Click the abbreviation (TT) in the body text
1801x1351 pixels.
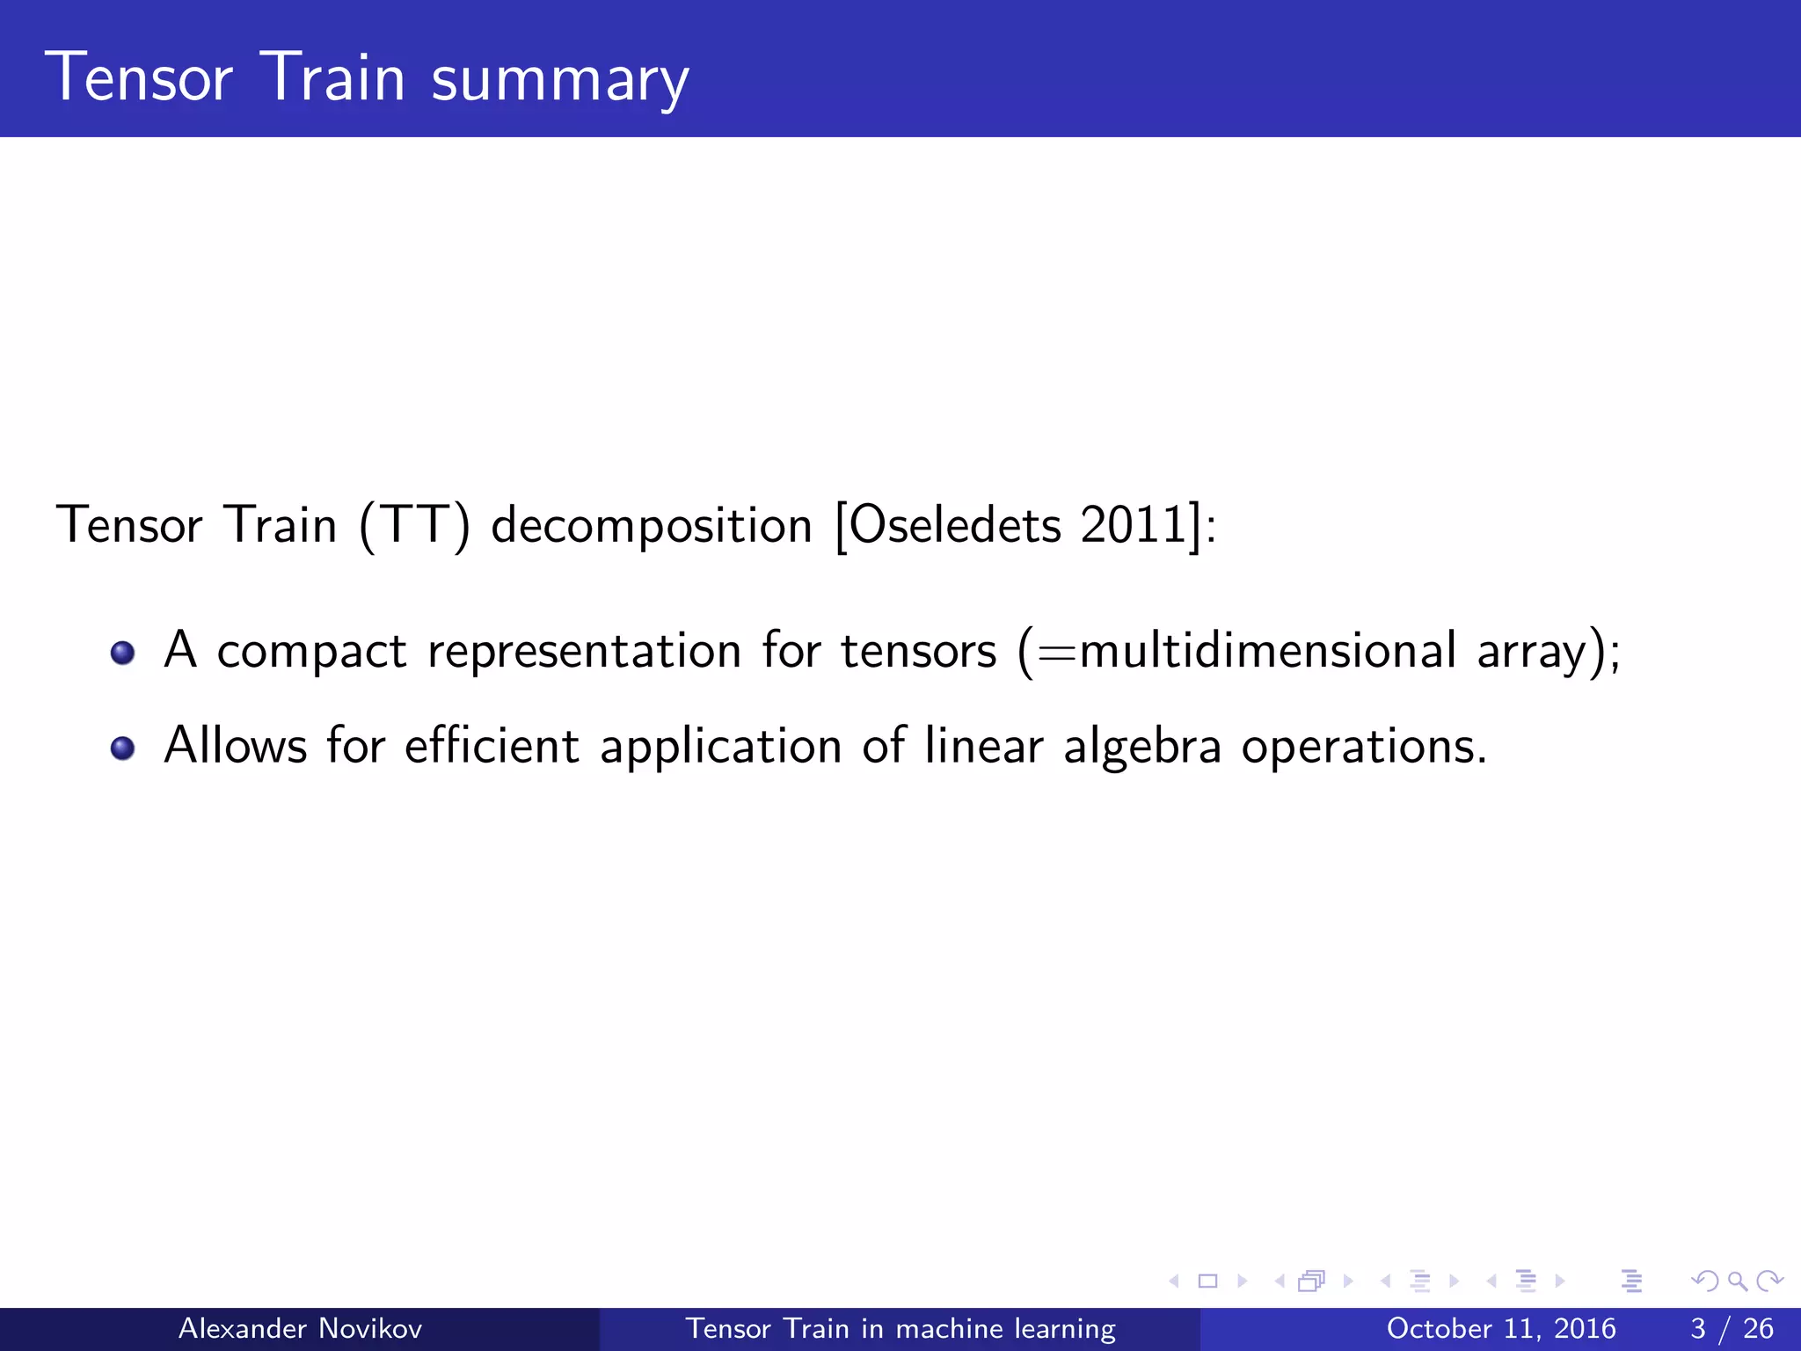414,526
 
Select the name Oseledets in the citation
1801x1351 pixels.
955,526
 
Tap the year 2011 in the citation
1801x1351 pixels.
1134,526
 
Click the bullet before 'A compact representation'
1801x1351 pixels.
122,653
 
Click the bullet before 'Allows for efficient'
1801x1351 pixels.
122,748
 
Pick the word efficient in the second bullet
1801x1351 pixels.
492,746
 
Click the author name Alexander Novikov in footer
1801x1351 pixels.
300,1328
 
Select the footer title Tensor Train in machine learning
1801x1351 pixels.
900,1328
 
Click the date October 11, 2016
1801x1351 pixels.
1500,1328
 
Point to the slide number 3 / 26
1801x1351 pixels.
1731,1328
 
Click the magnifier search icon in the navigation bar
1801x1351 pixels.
1737,1282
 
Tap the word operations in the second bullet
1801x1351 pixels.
1363,748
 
